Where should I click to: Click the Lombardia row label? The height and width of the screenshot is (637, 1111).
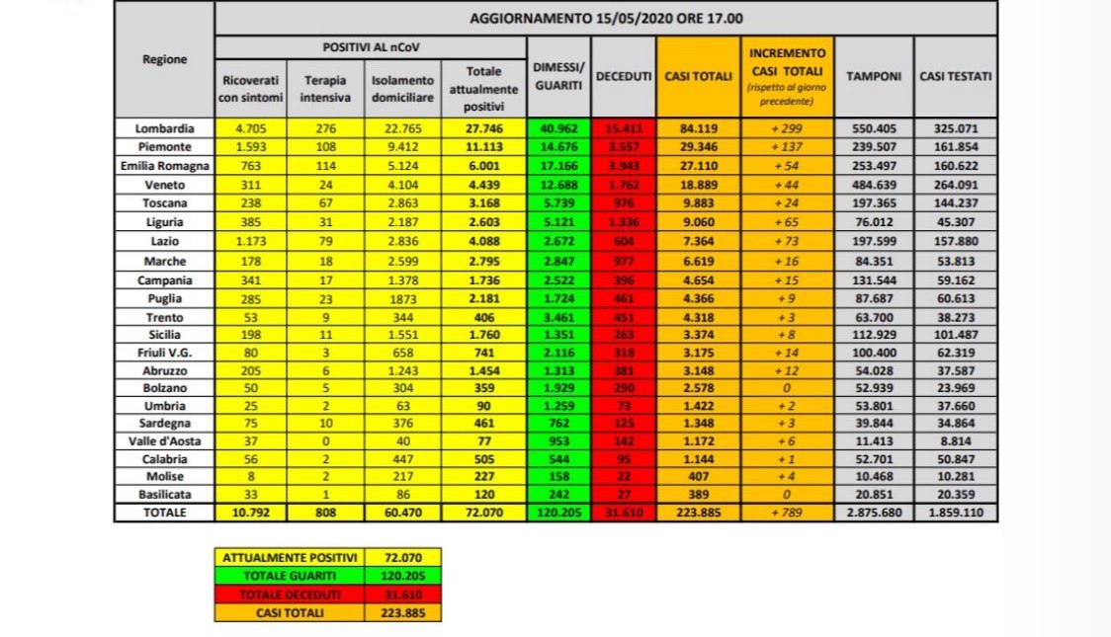(x=164, y=128)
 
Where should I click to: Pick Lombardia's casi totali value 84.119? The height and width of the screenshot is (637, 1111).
(x=698, y=128)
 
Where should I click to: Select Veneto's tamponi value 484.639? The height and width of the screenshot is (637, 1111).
(x=874, y=183)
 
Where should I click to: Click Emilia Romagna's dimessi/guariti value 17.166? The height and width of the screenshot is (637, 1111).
(x=558, y=164)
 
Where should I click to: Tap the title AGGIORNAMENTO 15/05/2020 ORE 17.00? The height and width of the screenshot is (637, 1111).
(x=605, y=19)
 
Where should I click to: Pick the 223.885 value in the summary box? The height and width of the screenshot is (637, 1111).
(x=401, y=611)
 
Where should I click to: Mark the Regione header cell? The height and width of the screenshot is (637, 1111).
(x=164, y=59)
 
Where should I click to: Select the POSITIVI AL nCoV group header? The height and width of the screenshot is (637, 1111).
(x=370, y=47)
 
